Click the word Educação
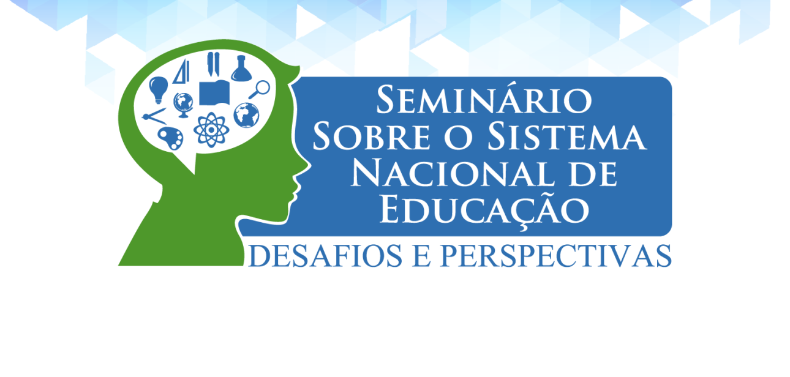pos(484,211)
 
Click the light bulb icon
pos(159,89)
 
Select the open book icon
pos(214,92)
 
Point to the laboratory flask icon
pos(241,69)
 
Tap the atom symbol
pos(211,130)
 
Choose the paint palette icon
pos(170,138)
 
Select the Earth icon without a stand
pos(246,115)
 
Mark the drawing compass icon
pos(154,117)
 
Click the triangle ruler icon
pos(181,72)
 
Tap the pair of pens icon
pos(213,64)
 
